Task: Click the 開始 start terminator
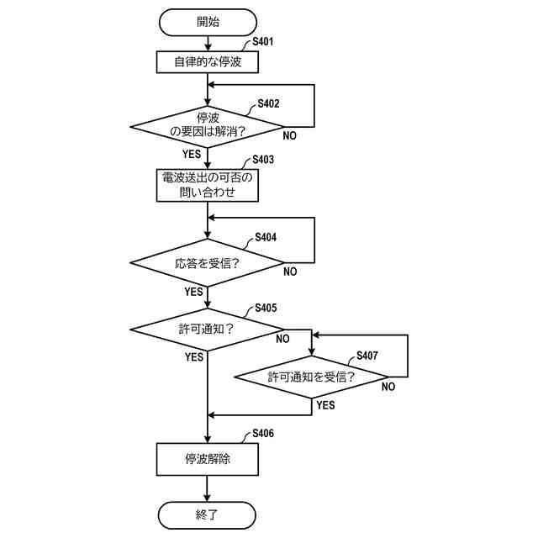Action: (207, 22)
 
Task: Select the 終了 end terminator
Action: (207, 514)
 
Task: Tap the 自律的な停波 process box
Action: (207, 62)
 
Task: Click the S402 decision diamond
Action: (207, 127)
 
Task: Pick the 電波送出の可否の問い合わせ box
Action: (207, 185)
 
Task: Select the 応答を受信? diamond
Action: (207, 263)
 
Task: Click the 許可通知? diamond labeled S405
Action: (207, 329)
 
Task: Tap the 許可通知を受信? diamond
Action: (311, 377)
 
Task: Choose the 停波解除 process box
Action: (207, 459)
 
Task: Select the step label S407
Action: (367, 355)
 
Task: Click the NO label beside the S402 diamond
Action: (289, 135)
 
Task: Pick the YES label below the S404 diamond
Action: (193, 292)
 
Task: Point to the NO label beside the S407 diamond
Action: (388, 387)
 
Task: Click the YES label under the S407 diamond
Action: (325, 405)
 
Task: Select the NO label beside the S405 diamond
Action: (283, 339)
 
